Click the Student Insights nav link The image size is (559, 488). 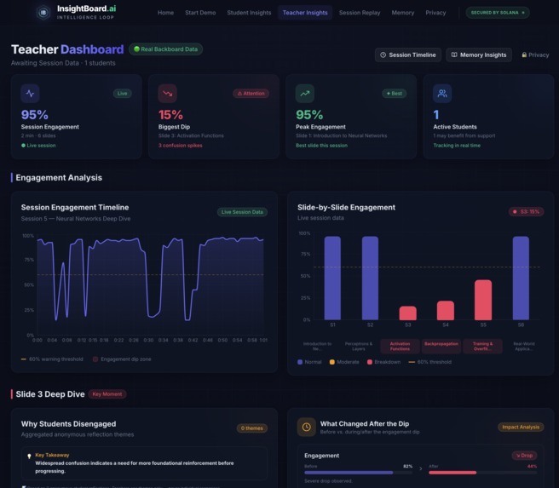tap(249, 13)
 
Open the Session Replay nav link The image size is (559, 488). tap(360, 13)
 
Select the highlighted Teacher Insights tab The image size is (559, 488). tap(305, 13)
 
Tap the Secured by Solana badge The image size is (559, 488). tap(498, 13)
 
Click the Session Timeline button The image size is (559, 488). tap(408, 55)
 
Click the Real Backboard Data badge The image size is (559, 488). tap(166, 49)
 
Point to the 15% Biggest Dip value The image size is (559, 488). tap(170, 115)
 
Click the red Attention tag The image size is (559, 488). tap(251, 94)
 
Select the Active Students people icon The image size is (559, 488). tap(441, 94)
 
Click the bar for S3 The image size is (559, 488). tap(408, 313)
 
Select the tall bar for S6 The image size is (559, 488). tap(521, 278)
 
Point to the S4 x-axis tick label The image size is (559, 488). tap(446, 325)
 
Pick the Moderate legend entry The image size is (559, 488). tap(343, 362)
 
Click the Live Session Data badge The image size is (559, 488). tap(243, 212)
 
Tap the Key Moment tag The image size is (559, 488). tap(108, 394)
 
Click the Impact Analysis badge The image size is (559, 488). tap(521, 427)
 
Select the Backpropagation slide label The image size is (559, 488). tap(441, 347)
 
